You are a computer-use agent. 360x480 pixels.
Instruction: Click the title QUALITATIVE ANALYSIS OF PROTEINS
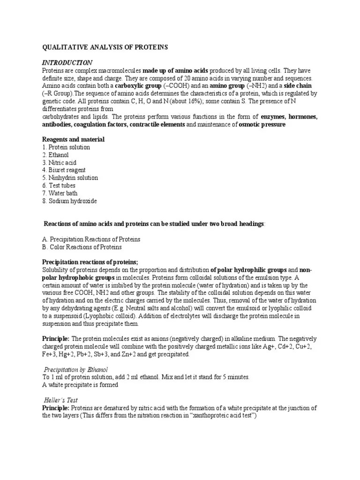[105, 47]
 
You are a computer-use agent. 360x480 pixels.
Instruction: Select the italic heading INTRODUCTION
[67, 63]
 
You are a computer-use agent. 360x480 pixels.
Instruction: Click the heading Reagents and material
[73, 140]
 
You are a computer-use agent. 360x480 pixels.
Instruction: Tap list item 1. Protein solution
[66, 147]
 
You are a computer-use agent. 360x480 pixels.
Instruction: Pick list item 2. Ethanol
[55, 155]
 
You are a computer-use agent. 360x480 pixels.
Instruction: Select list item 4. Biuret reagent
[64, 170]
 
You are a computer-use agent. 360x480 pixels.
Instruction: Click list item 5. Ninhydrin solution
[70, 178]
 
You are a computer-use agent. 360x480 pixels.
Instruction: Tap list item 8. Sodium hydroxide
[69, 201]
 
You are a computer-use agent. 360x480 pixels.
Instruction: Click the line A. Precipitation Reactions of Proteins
[91, 239]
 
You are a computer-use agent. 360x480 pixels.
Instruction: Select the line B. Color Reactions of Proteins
[82, 247]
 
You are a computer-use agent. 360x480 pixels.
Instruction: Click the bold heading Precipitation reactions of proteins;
[90, 262]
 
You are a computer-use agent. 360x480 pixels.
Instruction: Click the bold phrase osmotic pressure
[262, 124]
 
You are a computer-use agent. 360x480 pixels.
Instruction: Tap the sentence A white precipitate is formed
[80, 385]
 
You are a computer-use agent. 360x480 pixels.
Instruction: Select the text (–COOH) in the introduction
[161, 86]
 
